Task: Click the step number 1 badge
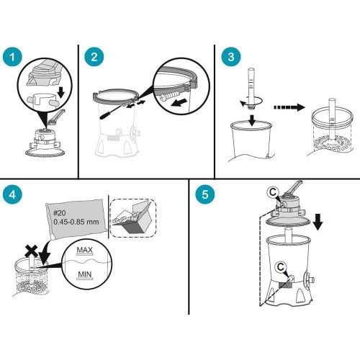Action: click(x=12, y=58)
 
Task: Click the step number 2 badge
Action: click(x=94, y=58)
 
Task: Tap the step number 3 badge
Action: click(x=231, y=57)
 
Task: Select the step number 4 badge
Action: click(x=12, y=194)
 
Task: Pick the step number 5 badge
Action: click(x=205, y=194)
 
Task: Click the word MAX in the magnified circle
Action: click(x=85, y=250)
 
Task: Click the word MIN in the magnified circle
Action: click(x=85, y=274)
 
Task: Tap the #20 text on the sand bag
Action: click(x=60, y=213)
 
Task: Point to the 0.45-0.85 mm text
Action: click(x=76, y=222)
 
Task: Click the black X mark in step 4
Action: click(x=32, y=251)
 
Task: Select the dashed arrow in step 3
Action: click(x=289, y=107)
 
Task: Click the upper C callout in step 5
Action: click(x=273, y=192)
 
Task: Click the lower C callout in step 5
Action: click(x=281, y=267)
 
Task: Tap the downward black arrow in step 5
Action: click(x=318, y=222)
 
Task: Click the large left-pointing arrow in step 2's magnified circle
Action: click(x=180, y=102)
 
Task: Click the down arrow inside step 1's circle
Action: click(x=61, y=93)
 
